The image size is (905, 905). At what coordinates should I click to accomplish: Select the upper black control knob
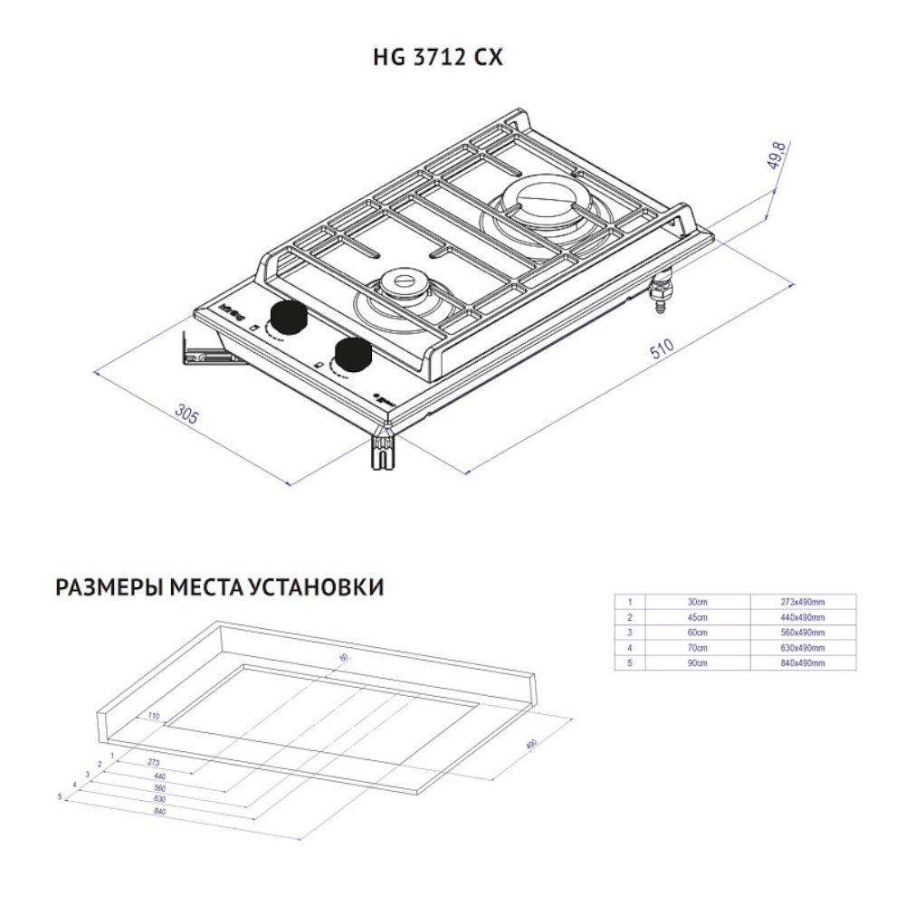coord(290,316)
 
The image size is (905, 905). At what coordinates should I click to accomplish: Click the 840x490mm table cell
coord(803,663)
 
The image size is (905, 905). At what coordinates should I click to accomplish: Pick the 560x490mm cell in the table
coord(803,633)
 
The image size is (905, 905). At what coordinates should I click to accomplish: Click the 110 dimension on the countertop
coord(153,716)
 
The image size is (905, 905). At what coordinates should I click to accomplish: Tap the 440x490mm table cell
coord(803,617)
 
